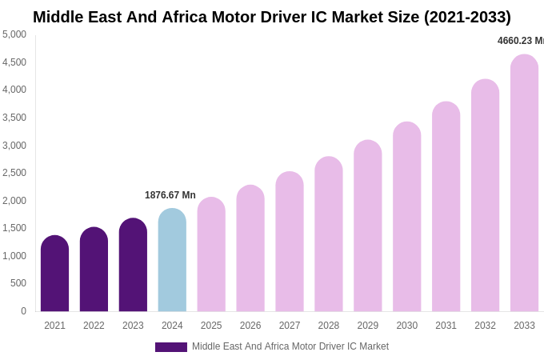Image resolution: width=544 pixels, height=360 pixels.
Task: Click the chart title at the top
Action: [x=272, y=17]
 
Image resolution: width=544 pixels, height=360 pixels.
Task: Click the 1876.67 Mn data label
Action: [x=170, y=195]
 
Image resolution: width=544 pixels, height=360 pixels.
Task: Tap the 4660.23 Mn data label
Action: [x=520, y=41]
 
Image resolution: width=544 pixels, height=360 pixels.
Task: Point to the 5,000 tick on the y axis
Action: [x=14, y=34]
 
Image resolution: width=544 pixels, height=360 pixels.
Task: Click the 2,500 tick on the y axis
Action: [x=14, y=173]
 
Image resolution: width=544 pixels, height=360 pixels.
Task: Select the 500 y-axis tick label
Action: [x=18, y=283]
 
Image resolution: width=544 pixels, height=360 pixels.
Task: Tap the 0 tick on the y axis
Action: [x=23, y=311]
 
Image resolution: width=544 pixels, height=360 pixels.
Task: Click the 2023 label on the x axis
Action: [x=133, y=326]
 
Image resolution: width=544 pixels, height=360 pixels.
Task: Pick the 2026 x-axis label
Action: [x=250, y=326]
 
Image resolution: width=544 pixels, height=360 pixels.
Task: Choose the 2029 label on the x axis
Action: [x=368, y=326]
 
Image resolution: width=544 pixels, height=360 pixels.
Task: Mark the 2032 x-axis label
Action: [x=485, y=326]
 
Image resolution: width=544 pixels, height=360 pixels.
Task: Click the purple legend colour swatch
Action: [x=170, y=347]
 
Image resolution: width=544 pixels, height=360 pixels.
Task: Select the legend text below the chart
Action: [x=290, y=346]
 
